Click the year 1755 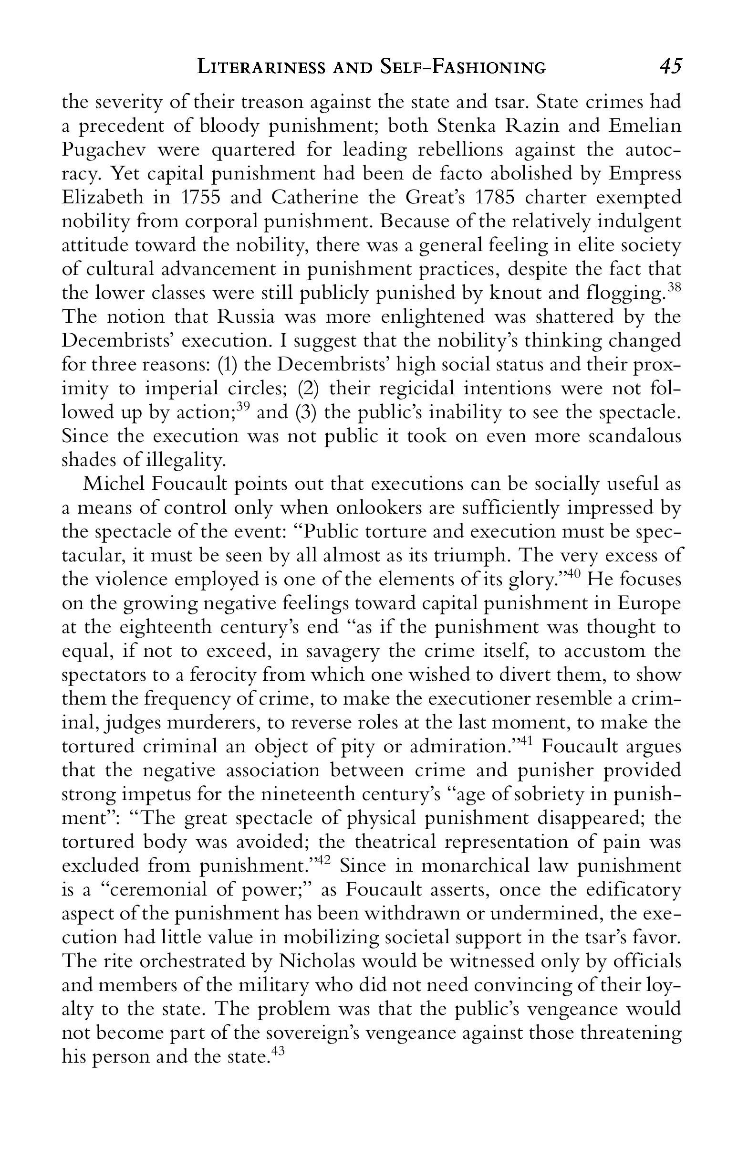pyautogui.click(x=195, y=198)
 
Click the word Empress pyautogui.click(x=644, y=174)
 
